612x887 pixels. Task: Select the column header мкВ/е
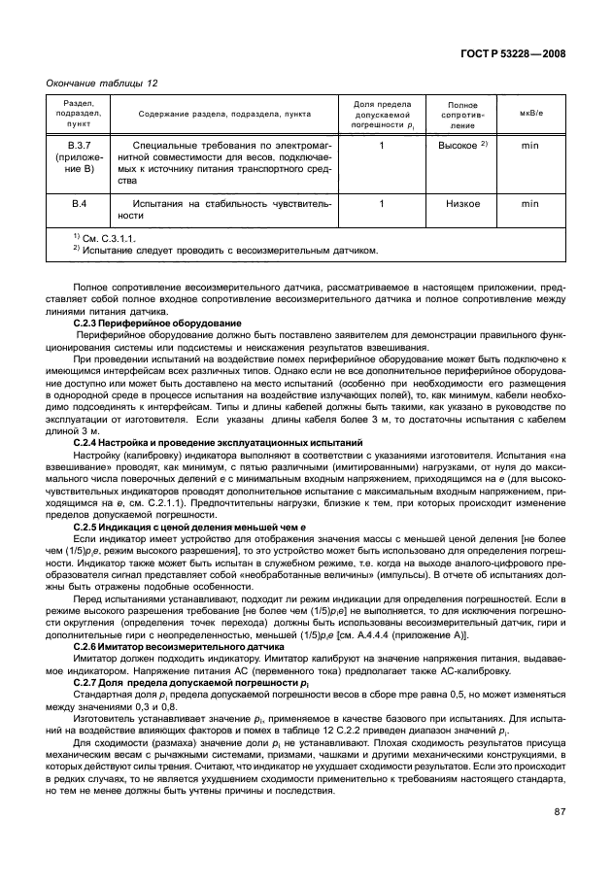[530, 114]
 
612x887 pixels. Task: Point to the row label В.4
[80, 204]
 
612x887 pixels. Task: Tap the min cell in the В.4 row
[530, 204]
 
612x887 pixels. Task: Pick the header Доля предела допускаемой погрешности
[382, 114]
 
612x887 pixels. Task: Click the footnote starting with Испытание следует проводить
[224, 249]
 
